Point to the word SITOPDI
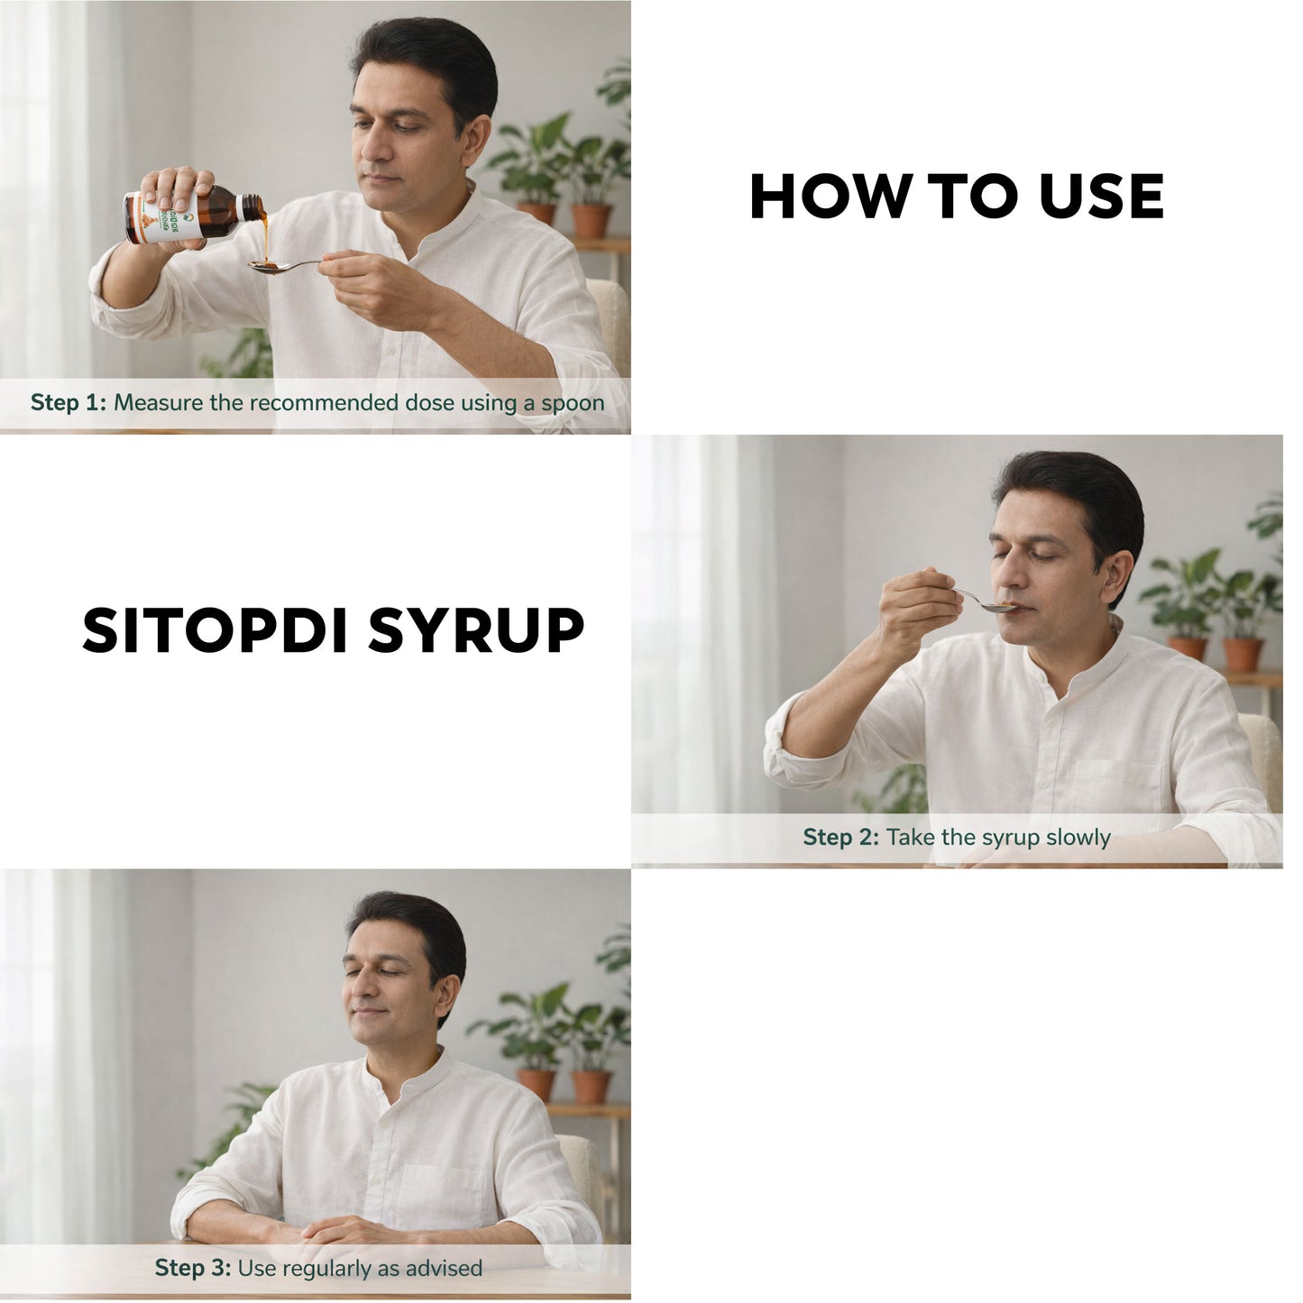coord(216,630)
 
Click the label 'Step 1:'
coord(69,403)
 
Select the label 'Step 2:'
coord(840,838)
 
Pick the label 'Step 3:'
coord(193,1269)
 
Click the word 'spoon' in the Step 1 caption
coord(573,403)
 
